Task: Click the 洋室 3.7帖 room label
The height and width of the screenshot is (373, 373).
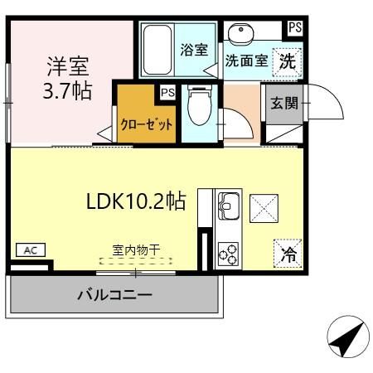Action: point(68,77)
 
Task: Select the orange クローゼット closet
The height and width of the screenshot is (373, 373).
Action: point(147,124)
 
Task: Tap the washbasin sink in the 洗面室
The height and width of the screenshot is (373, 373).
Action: point(241,36)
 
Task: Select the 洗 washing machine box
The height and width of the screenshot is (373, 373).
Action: point(286,60)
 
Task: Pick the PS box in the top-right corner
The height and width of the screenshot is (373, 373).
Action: point(294,27)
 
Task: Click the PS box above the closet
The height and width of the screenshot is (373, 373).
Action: point(167,92)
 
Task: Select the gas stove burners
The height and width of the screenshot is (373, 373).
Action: point(228,254)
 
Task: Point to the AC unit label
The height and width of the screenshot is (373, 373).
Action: point(29,249)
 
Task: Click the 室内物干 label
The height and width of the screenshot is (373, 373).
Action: point(136,248)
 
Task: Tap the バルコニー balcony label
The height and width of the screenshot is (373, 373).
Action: point(115,294)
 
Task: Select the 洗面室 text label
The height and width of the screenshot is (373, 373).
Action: point(246,61)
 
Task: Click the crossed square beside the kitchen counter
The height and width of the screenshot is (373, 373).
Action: point(264,206)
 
